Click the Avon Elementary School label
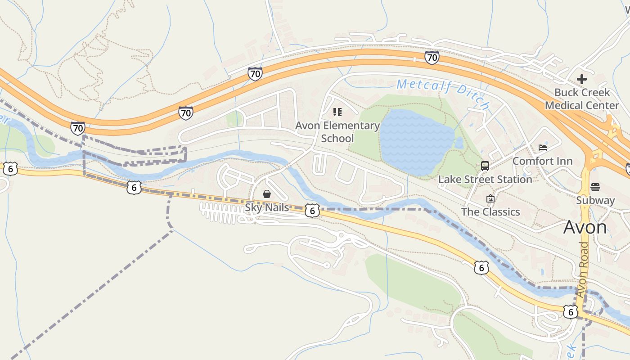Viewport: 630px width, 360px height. click(x=337, y=132)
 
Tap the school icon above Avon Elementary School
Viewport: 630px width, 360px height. click(x=337, y=112)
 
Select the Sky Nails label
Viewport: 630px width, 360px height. click(x=267, y=207)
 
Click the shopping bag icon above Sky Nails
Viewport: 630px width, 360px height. click(x=267, y=194)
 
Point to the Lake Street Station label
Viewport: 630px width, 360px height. click(x=485, y=179)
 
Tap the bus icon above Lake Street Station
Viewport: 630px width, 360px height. click(x=485, y=166)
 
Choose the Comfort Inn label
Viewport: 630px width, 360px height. click(x=542, y=161)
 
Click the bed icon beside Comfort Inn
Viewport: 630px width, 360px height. click(x=543, y=148)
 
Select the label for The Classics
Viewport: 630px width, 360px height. click(x=490, y=211)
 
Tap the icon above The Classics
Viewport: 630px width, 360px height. click(x=490, y=198)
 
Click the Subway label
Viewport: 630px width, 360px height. click(x=595, y=200)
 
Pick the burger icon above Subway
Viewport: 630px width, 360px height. click(x=595, y=187)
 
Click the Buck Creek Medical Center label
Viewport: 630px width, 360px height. click(x=582, y=99)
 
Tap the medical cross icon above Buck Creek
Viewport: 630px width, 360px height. click(x=582, y=80)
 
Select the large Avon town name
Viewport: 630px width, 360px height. click(x=585, y=227)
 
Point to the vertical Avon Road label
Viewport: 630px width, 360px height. click(x=583, y=270)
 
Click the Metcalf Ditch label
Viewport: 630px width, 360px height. click(x=443, y=94)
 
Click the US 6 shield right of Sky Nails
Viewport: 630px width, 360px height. click(x=312, y=210)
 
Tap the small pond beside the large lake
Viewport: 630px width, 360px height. click(x=459, y=143)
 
